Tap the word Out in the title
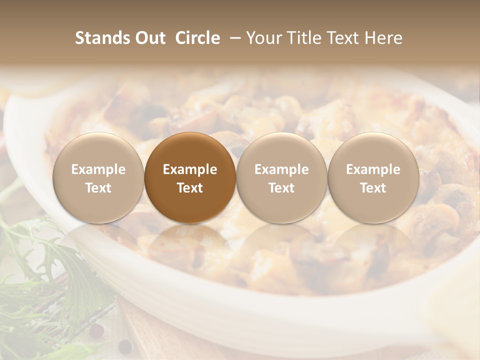[x=149, y=38]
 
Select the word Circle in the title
[x=197, y=38]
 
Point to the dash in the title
[x=233, y=38]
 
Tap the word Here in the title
[x=383, y=38]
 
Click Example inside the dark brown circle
[x=190, y=169]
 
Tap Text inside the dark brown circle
[x=190, y=188]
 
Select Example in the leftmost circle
[x=98, y=169]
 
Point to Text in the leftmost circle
[x=98, y=188]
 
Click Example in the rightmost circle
[x=373, y=169]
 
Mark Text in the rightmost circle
[x=373, y=188]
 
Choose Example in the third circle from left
[x=281, y=169]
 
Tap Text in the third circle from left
[x=281, y=188]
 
